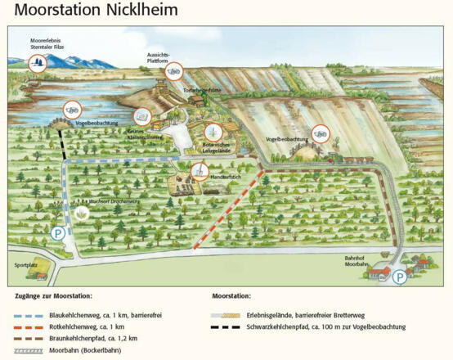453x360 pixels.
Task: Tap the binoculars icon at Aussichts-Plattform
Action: (173, 72)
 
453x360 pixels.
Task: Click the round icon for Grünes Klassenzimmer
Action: (142, 115)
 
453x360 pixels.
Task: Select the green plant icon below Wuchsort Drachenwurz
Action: (82, 214)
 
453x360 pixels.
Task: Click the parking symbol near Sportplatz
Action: (58, 234)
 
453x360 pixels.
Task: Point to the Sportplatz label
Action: (26, 265)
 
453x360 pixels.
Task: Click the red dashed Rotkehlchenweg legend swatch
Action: (28, 326)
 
